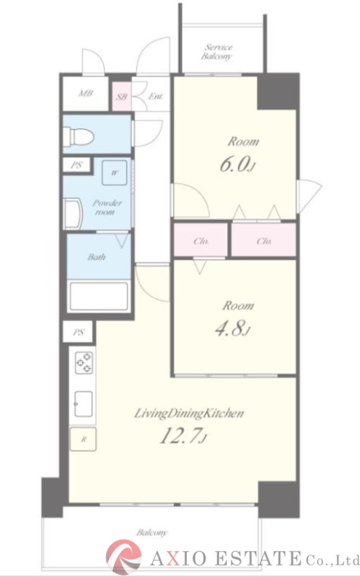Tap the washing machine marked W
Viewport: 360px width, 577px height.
(x=115, y=172)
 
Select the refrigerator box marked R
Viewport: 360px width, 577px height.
(x=83, y=439)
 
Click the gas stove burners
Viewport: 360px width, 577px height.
(x=84, y=363)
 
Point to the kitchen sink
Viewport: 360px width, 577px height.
(x=84, y=404)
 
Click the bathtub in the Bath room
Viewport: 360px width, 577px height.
(x=99, y=296)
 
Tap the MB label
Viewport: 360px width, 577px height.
(x=85, y=94)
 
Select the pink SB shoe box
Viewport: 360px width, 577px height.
(x=122, y=97)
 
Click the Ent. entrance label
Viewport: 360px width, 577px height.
(x=156, y=97)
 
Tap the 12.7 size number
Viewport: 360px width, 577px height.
(x=183, y=437)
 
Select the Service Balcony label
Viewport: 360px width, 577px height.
(x=217, y=52)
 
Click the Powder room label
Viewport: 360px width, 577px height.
(x=107, y=207)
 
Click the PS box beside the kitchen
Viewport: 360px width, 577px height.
(x=78, y=332)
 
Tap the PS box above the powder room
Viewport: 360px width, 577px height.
(x=76, y=165)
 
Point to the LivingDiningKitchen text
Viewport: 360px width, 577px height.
(x=189, y=413)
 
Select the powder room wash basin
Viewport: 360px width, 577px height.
(x=73, y=213)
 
